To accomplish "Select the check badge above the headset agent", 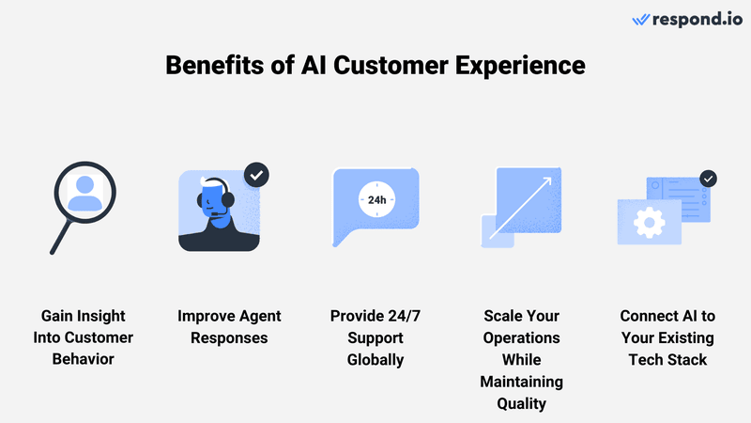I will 256,175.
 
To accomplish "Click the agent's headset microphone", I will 218,215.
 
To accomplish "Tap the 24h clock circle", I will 375,199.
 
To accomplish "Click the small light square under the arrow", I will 498,230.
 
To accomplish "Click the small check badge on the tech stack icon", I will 709,178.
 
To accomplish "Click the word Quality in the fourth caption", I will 521,403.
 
